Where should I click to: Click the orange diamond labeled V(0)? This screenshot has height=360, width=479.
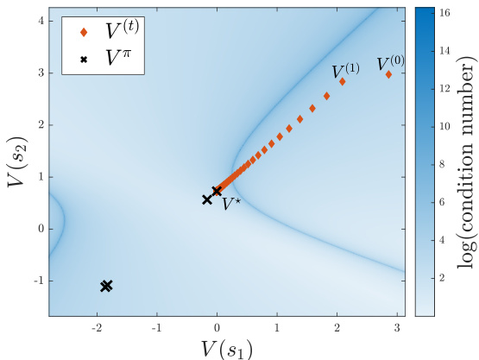click(x=388, y=74)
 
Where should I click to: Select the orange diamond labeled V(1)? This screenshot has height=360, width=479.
click(x=343, y=82)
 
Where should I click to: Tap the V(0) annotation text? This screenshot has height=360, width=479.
click(x=390, y=63)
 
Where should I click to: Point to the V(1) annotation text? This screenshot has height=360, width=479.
click(x=346, y=70)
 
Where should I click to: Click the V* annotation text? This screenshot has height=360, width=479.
click(x=231, y=204)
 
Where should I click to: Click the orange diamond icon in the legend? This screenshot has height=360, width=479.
click(x=83, y=33)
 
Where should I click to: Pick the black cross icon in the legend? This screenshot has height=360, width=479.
click(x=83, y=60)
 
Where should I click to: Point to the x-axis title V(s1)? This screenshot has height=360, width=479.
click(x=224, y=347)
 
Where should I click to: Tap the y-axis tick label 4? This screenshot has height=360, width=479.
click(x=39, y=21)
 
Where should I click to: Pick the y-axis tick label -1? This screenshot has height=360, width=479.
click(x=36, y=281)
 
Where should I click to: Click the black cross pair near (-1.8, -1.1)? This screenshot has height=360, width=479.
click(x=106, y=286)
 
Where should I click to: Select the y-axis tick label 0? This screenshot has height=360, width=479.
click(x=39, y=229)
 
